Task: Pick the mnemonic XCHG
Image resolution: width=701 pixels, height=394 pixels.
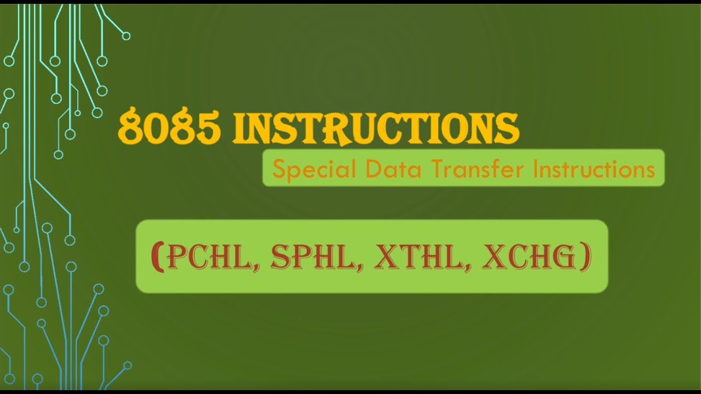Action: (x=528, y=257)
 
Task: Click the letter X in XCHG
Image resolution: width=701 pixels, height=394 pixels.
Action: (x=493, y=257)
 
